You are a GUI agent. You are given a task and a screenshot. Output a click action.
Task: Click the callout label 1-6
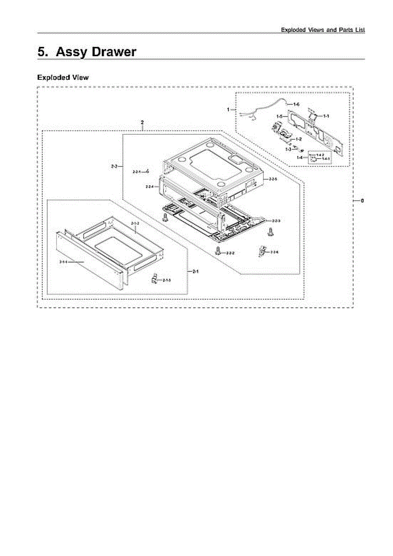[x=296, y=105]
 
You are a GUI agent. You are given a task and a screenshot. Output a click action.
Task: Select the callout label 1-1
[x=326, y=115]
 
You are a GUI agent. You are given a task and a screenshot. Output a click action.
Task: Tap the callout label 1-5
[x=280, y=116]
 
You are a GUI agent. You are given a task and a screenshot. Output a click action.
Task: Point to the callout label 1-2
[x=299, y=139]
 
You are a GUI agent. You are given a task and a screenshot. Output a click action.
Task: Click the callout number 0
[x=362, y=201]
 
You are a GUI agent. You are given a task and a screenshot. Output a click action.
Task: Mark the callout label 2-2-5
[x=273, y=178]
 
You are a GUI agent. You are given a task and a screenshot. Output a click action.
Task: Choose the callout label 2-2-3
[x=276, y=221]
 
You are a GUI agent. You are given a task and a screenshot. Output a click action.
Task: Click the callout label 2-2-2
[x=230, y=253]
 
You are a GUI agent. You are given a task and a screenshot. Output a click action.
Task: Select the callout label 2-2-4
[x=150, y=186]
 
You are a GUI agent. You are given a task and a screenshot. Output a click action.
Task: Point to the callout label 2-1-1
[x=63, y=262]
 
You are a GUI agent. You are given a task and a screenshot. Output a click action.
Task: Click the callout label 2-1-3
[x=167, y=280]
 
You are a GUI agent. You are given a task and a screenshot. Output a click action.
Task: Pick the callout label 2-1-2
[x=135, y=224]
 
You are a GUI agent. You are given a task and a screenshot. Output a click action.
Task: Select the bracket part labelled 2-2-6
[x=262, y=251]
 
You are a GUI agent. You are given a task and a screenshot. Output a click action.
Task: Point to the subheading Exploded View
[x=62, y=77]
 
